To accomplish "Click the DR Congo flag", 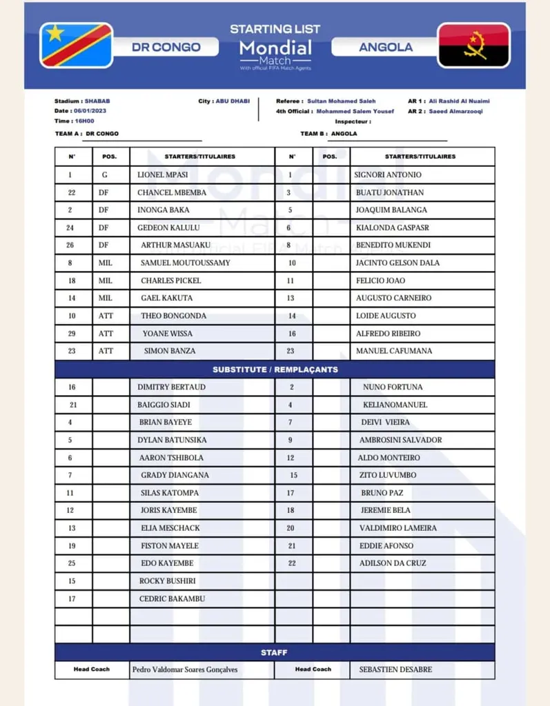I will point(76,46).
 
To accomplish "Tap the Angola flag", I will point(473,46).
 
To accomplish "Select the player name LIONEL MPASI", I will point(162,175).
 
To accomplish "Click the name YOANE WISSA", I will point(168,334).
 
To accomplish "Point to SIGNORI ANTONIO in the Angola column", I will point(388,175).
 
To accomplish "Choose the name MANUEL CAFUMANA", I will point(394,351).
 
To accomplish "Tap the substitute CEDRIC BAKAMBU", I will point(172,598).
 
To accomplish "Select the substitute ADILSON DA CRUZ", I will point(393,563).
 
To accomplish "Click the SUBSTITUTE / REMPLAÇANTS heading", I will point(275,370).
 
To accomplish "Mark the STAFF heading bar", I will point(275,652).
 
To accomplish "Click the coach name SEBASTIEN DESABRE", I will point(395,669).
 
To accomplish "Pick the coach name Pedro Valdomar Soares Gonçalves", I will point(185,669).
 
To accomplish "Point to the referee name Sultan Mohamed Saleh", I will point(341,101).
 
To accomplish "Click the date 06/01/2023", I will point(90,111).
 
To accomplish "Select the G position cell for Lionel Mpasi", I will point(105,175).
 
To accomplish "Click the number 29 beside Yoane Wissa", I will point(71,334).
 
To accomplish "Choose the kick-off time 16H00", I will point(84,121).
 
